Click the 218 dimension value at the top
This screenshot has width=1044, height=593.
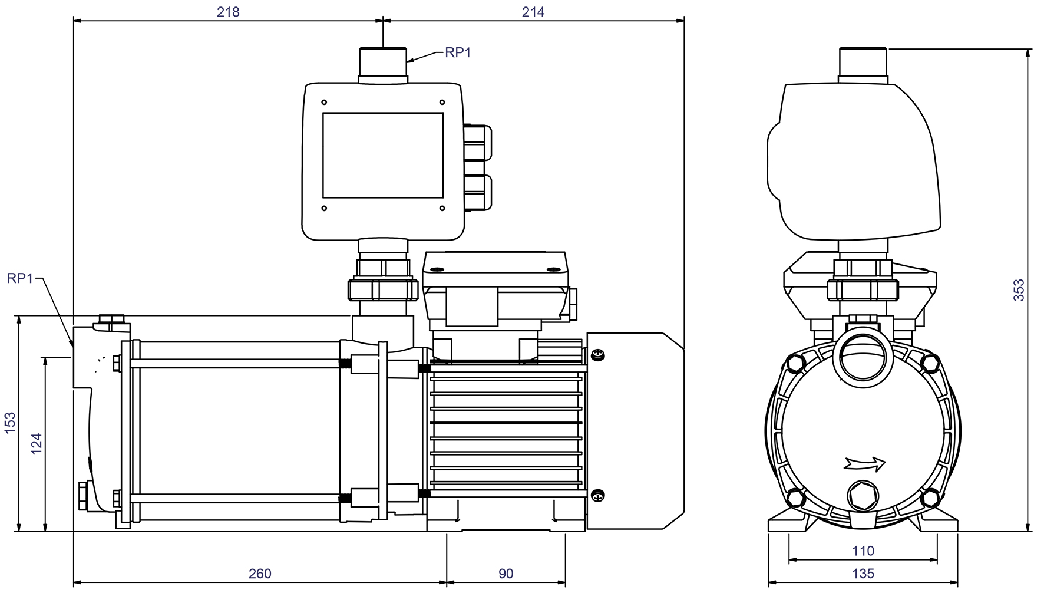(228, 12)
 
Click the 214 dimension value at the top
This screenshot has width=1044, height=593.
(533, 12)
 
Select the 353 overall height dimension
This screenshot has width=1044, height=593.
(1019, 290)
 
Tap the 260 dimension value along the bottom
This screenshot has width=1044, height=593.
(260, 574)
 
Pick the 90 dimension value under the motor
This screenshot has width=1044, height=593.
(506, 574)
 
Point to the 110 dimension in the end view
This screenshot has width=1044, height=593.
(863, 551)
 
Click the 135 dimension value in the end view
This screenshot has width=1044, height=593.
(863, 574)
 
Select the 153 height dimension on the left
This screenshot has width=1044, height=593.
(10, 423)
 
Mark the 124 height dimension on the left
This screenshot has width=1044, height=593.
(37, 443)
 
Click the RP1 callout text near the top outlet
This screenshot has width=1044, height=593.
(458, 52)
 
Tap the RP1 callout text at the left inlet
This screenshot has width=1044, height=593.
(20, 278)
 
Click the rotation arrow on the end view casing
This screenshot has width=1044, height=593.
(864, 464)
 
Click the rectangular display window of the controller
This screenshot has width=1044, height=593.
(383, 155)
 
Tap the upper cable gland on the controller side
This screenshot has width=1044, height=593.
(478, 141)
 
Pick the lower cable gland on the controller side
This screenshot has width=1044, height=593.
(478, 192)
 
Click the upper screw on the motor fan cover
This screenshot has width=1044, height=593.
(598, 355)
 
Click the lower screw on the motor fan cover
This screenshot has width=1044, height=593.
(598, 496)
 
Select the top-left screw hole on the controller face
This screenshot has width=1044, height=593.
(324, 103)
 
